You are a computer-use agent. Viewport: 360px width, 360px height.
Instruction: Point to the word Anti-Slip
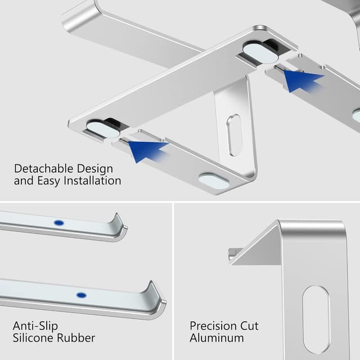[35, 326]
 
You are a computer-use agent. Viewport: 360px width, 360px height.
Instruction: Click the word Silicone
[35, 338]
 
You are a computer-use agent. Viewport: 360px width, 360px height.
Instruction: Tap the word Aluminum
[217, 338]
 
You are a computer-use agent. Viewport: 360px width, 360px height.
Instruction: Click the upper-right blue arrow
[302, 80]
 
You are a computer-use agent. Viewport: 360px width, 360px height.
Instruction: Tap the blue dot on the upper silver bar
[58, 223]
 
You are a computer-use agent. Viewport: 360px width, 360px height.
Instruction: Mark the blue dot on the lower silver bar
[81, 295]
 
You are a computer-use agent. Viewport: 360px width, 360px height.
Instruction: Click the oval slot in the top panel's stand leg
[233, 135]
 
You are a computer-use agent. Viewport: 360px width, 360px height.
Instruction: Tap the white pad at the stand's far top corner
[260, 52]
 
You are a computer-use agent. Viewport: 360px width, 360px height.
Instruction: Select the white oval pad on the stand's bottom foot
[214, 181]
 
